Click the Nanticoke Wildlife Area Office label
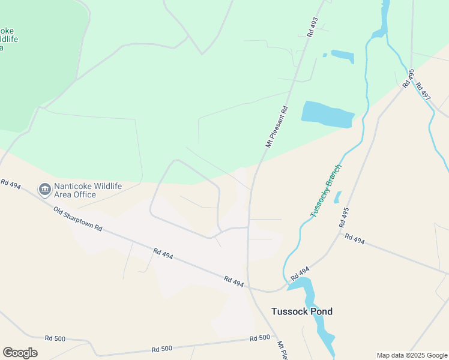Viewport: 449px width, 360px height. (x=88, y=190)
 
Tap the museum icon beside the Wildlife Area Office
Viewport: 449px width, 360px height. (x=44, y=190)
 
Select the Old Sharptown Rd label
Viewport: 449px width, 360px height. (x=78, y=220)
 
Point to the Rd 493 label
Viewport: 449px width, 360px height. (x=312, y=28)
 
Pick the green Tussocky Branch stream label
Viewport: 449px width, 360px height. (x=325, y=190)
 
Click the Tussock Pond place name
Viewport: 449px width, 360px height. (x=301, y=311)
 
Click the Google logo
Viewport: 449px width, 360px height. (x=20, y=352)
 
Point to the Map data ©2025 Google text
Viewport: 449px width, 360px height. (x=411, y=355)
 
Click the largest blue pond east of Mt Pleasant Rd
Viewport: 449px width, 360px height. (x=327, y=114)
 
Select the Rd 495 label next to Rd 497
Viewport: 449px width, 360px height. (x=408, y=79)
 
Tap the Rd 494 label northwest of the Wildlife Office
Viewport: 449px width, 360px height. (x=11, y=184)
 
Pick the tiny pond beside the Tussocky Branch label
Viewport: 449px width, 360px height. (x=337, y=197)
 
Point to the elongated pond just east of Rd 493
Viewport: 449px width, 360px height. (x=342, y=56)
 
